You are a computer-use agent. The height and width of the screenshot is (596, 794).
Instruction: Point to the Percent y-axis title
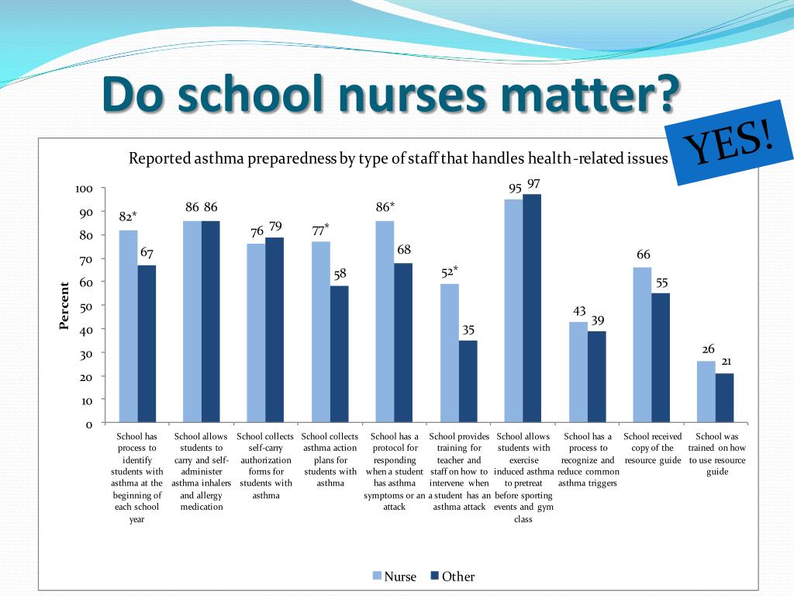tap(64, 306)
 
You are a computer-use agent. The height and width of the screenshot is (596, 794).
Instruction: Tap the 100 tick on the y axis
tap(84, 189)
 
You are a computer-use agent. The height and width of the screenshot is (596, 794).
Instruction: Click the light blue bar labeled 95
tap(513, 311)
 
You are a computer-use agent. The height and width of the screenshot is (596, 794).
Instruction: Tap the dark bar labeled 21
tap(724, 398)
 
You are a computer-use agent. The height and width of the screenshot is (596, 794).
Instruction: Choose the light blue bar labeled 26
tap(706, 392)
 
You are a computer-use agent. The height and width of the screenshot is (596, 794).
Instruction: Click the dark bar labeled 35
tap(468, 382)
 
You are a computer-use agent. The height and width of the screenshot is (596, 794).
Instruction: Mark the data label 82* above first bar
tap(128, 217)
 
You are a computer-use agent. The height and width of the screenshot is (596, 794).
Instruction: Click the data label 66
tap(643, 255)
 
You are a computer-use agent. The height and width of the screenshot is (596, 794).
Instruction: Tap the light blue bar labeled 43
tap(578, 372)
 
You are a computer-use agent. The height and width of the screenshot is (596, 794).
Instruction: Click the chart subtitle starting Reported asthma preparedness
tap(398, 158)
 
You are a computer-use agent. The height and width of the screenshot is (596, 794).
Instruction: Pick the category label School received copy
tap(652, 449)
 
